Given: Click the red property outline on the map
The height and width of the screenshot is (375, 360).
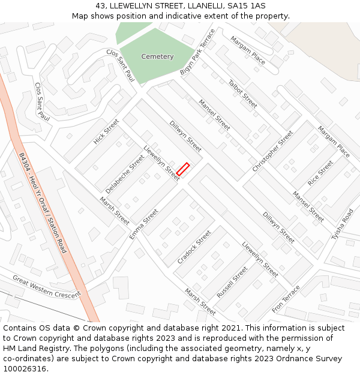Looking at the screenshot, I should tap(183, 169).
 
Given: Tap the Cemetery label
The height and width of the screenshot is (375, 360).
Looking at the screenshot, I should tap(157, 56).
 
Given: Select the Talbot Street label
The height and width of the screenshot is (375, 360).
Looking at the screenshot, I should tap(242, 94).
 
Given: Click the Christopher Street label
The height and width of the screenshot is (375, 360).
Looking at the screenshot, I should tap(272, 151).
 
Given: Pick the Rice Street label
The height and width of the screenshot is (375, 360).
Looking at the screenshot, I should tap(320, 172).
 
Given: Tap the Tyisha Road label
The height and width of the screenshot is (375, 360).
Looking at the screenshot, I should tap(343, 223).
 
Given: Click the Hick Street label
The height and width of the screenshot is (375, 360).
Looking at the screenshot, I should tap(106, 131).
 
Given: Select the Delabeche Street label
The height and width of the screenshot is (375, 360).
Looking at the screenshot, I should tap(125, 173).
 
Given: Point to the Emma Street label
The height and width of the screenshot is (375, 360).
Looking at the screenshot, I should tap(144, 224).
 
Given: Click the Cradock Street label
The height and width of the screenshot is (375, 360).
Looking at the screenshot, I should tap(194, 247).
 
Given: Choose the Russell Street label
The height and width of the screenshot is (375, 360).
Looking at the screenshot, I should tap(232, 283).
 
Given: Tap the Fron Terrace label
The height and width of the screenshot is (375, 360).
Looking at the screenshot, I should tap(286, 298).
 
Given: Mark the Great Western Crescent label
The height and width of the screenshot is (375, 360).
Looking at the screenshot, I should tap(46, 287).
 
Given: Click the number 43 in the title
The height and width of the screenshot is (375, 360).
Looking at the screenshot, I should tap(100, 5).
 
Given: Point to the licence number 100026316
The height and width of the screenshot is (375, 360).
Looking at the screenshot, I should tap(24, 368).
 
